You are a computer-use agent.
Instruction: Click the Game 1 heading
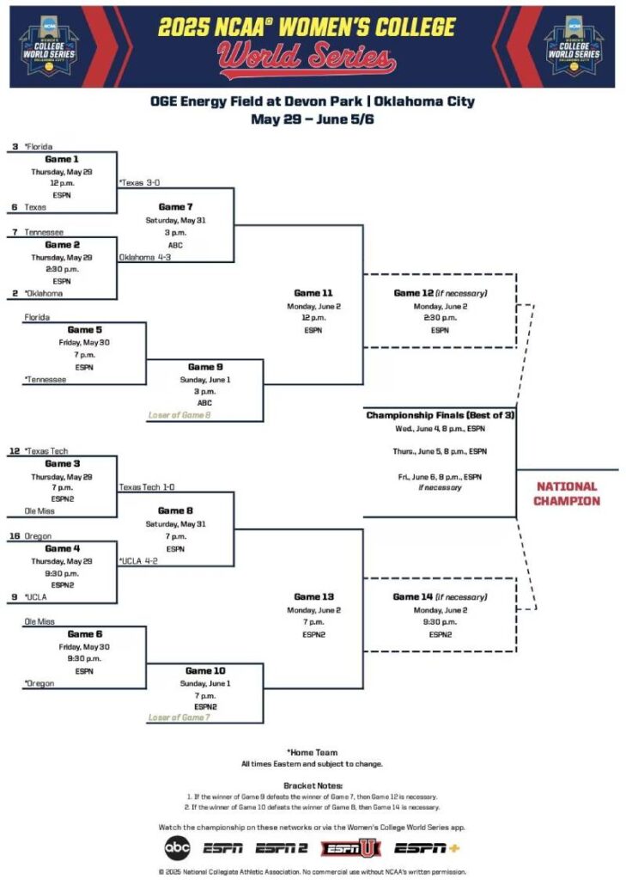[x=61, y=159]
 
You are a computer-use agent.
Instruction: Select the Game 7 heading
[x=176, y=207]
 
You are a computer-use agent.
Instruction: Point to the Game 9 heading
[x=205, y=367]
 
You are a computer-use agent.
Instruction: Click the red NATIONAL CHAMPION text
[x=567, y=493]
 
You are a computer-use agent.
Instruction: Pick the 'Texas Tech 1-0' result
[x=147, y=487]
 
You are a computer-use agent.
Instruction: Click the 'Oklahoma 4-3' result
[x=145, y=257]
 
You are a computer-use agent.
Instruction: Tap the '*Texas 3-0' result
[x=140, y=183]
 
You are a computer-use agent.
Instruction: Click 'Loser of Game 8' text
[x=179, y=415]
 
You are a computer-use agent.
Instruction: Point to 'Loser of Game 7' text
[x=179, y=717]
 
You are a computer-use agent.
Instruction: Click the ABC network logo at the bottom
[x=177, y=847]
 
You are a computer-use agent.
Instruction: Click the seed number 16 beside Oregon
[x=15, y=536]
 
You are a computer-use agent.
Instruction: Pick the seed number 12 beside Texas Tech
[x=15, y=451]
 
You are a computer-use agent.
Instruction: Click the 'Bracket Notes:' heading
[x=313, y=785]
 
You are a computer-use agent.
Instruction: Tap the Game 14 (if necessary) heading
[x=440, y=596]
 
